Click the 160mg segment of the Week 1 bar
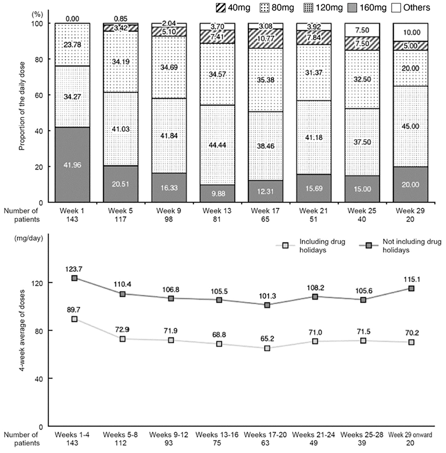tap(72, 164)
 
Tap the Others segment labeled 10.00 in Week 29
tap(410, 32)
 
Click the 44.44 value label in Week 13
tap(217, 145)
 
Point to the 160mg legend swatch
tap(352, 8)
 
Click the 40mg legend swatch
tap(221, 8)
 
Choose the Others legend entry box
tap(396, 8)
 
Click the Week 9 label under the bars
tap(169, 211)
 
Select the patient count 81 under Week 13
tap(217, 219)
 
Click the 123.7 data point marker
tap(74, 278)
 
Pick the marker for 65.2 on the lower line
tap(267, 348)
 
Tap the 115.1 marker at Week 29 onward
tap(411, 289)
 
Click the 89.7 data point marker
tap(74, 319)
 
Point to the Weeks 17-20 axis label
tap(265, 435)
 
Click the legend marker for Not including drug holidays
tap(369, 246)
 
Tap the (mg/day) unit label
tap(29, 238)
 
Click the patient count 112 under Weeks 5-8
tap(120, 443)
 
